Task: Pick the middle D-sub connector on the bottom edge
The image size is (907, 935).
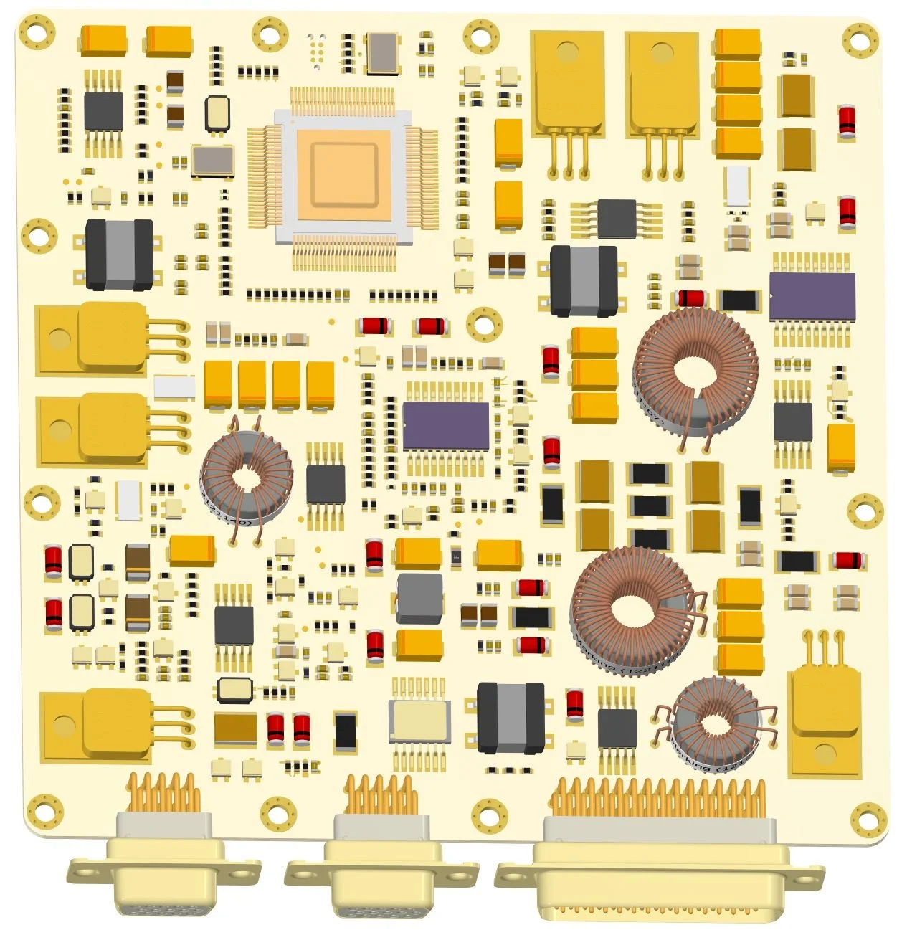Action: tap(381, 871)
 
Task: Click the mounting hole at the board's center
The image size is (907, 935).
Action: tap(485, 324)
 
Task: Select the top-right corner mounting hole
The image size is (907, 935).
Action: tap(860, 40)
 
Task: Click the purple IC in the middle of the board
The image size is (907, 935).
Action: tap(445, 426)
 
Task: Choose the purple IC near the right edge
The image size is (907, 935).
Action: tap(812, 296)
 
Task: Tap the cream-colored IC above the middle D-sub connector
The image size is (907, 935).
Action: tap(419, 720)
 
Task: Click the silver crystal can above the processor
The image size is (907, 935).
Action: tap(381, 52)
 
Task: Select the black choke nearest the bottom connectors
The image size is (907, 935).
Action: tap(511, 718)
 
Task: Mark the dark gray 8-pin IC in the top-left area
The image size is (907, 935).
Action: tap(103, 112)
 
